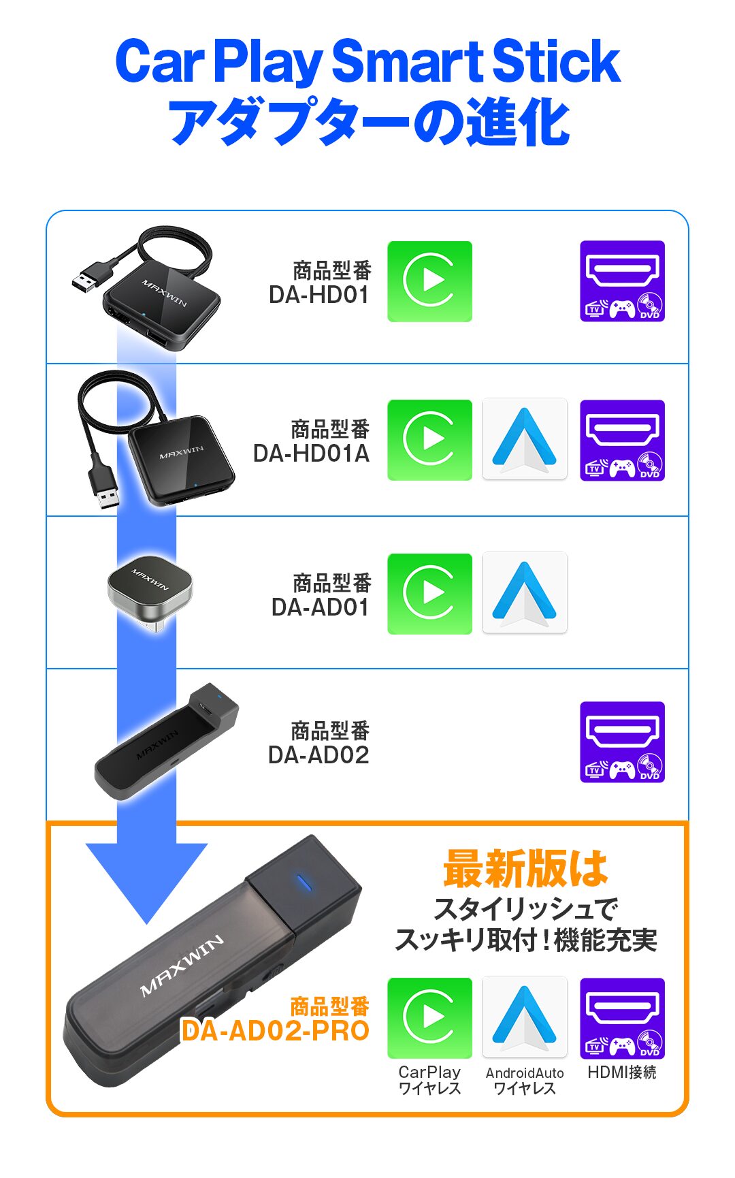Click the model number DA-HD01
318,295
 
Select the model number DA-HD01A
311,453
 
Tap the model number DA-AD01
320,607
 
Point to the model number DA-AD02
318,755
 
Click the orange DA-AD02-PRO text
276,1030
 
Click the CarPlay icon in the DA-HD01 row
429,281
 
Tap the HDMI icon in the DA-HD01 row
622,281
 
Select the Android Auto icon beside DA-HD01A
524,440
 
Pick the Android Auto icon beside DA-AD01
524,593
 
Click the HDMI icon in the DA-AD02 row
622,742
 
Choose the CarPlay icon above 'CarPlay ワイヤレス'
429,1017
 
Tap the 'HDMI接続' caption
621,1072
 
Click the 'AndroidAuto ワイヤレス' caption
525,1081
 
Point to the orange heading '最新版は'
525,869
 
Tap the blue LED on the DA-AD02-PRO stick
304,882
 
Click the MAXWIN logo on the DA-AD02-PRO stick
182,966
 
